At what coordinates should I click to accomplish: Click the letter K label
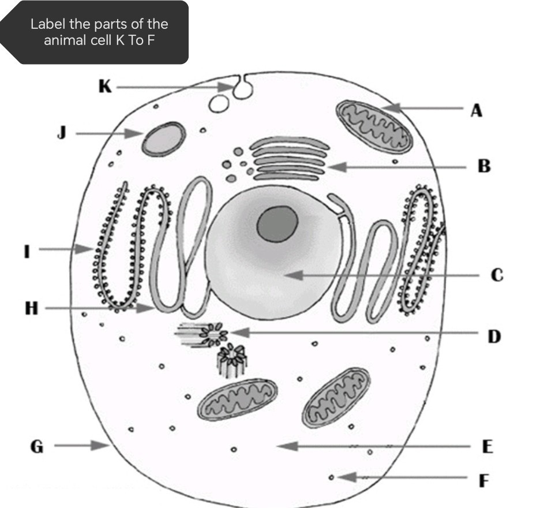105,87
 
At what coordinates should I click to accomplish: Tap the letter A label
476,110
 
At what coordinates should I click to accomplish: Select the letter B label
484,167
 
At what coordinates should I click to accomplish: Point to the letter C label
497,275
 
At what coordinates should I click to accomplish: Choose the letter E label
487,446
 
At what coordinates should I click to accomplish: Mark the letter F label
485,480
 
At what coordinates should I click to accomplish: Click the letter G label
36,446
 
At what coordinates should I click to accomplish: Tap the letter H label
32,309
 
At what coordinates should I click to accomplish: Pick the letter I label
26,251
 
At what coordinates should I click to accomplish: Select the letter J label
62,133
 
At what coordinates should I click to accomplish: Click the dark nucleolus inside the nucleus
277,224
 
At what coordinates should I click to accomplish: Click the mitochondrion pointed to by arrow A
374,126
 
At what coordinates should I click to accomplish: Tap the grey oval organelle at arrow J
164,139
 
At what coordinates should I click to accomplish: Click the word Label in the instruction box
44,24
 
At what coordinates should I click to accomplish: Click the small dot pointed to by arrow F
331,477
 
